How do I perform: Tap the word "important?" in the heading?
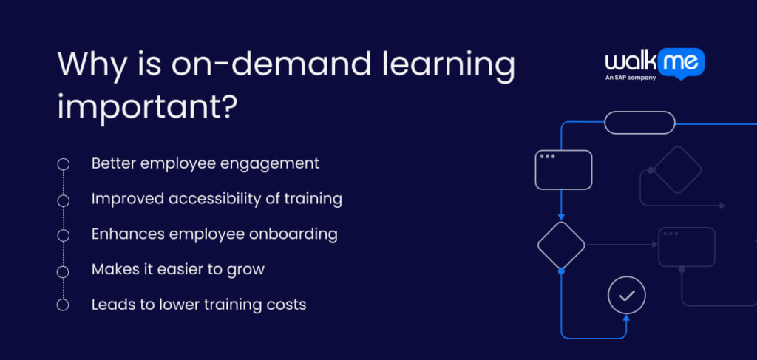click(147, 108)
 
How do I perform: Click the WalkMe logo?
click(654, 63)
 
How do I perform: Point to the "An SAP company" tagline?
click(631, 77)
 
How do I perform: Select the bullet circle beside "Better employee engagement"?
click(64, 164)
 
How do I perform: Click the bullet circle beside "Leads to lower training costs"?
click(64, 305)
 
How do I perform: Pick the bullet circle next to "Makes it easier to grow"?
click(64, 270)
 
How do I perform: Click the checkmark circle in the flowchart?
click(626, 296)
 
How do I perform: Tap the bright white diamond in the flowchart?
click(561, 245)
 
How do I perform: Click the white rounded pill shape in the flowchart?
click(639, 122)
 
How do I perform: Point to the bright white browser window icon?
click(563, 169)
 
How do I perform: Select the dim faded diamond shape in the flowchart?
click(677, 169)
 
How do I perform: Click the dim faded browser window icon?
click(687, 246)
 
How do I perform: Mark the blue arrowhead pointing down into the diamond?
click(561, 216)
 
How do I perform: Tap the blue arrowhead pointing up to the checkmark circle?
click(626, 319)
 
